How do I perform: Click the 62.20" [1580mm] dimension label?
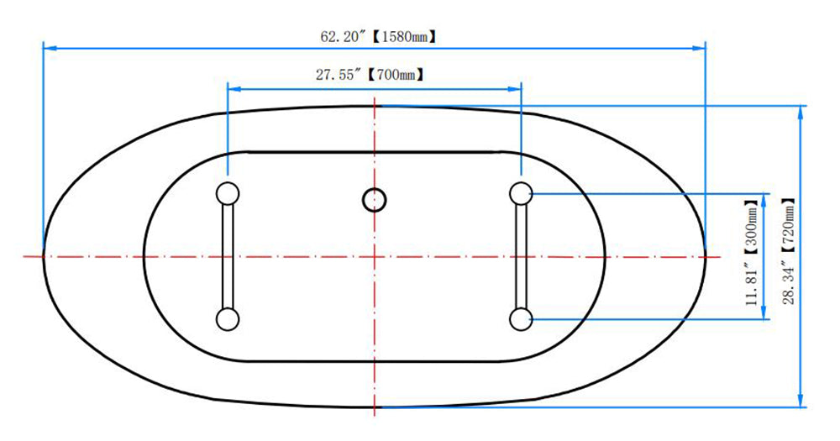(378, 36)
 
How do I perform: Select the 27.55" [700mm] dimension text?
(370, 75)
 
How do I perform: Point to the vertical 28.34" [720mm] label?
(788, 251)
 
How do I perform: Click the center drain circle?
(375, 200)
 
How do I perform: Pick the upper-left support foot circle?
(228, 193)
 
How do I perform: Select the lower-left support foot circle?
(228, 319)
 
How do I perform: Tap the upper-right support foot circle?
(521, 193)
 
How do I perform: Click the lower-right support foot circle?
(521, 319)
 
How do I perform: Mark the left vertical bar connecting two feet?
(228, 256)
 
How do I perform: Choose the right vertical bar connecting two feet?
(521, 256)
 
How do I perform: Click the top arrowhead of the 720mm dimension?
(801, 112)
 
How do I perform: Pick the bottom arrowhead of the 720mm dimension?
(801, 401)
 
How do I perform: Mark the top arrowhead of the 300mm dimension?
(764, 199)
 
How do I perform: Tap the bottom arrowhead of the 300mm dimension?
(764, 313)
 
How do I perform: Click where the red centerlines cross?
(375, 256)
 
